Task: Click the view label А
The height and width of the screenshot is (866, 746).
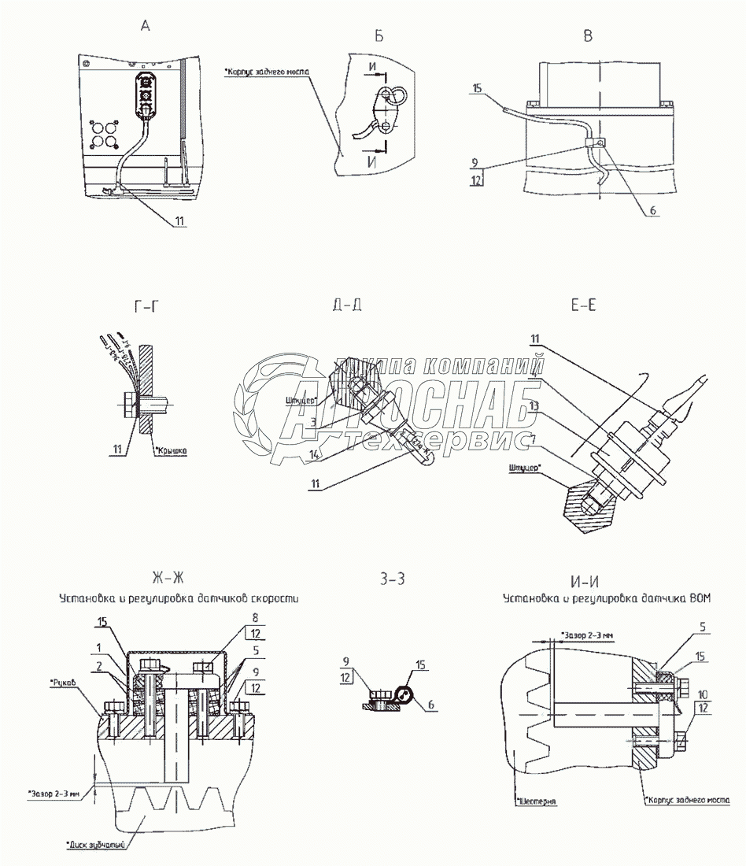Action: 145,26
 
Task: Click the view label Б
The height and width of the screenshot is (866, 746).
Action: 379,35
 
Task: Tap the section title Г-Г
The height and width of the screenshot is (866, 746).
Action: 144,306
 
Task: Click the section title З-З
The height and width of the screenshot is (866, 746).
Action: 391,579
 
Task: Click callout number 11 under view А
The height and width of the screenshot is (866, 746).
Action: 179,222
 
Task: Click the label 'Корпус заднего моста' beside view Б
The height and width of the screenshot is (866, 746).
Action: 268,72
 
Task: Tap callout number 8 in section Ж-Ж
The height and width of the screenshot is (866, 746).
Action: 255,619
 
